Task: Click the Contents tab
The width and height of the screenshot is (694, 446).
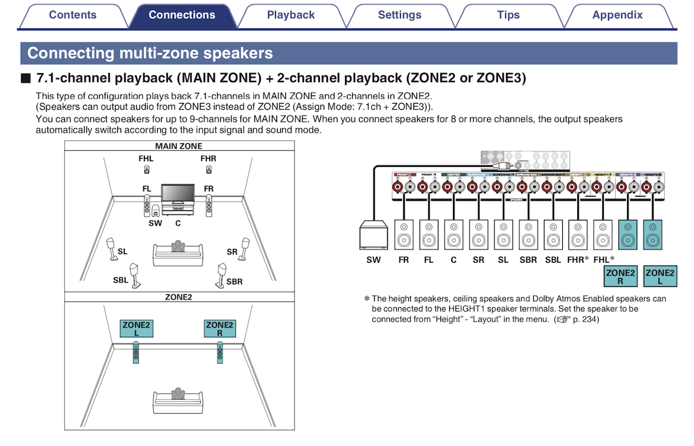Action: tap(73, 15)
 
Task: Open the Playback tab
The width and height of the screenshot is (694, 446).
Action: tap(290, 15)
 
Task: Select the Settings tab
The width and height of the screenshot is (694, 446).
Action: tap(399, 15)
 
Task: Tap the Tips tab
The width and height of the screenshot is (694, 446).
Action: tap(508, 15)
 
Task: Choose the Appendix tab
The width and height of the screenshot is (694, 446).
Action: tap(617, 15)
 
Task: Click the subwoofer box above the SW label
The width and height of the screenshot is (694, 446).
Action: tap(373, 236)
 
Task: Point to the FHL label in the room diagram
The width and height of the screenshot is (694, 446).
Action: tap(146, 159)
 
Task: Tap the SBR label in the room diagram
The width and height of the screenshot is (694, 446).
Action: tap(234, 282)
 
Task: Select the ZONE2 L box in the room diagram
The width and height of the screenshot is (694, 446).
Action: tap(136, 328)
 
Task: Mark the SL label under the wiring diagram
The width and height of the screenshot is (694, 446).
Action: tap(503, 260)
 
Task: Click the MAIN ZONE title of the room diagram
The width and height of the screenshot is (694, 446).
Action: tap(179, 146)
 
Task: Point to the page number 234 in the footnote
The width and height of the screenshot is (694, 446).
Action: tap(589, 319)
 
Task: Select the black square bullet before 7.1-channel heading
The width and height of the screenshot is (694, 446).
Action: tap(25, 79)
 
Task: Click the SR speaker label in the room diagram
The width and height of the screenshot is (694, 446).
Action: tap(232, 251)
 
